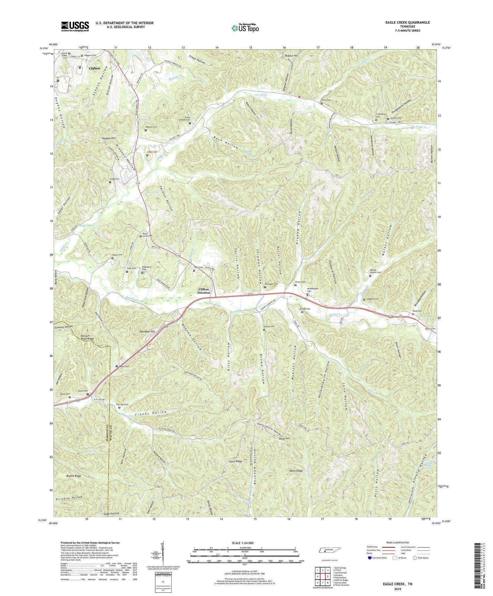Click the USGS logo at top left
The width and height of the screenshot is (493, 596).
click(x=75, y=26)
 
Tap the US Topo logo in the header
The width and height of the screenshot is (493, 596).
click(x=245, y=28)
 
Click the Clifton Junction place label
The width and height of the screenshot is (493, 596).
click(x=203, y=291)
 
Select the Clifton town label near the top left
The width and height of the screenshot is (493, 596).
click(x=94, y=68)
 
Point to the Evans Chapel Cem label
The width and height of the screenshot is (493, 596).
click(x=184, y=120)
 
